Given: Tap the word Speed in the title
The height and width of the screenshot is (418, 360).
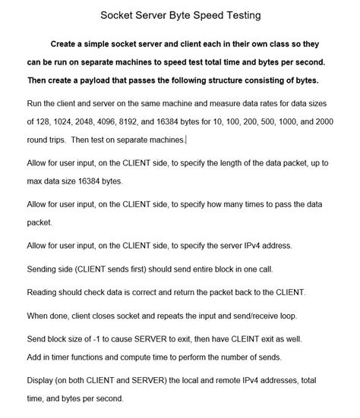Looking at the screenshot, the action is pyautogui.click(x=196, y=14).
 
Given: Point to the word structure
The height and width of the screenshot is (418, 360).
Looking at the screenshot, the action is pyautogui.click(x=231, y=81).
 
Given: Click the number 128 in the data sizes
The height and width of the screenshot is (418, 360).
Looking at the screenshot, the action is pyautogui.click(x=44, y=121).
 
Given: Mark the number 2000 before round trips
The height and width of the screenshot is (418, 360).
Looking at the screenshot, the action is pyautogui.click(x=344, y=121).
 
